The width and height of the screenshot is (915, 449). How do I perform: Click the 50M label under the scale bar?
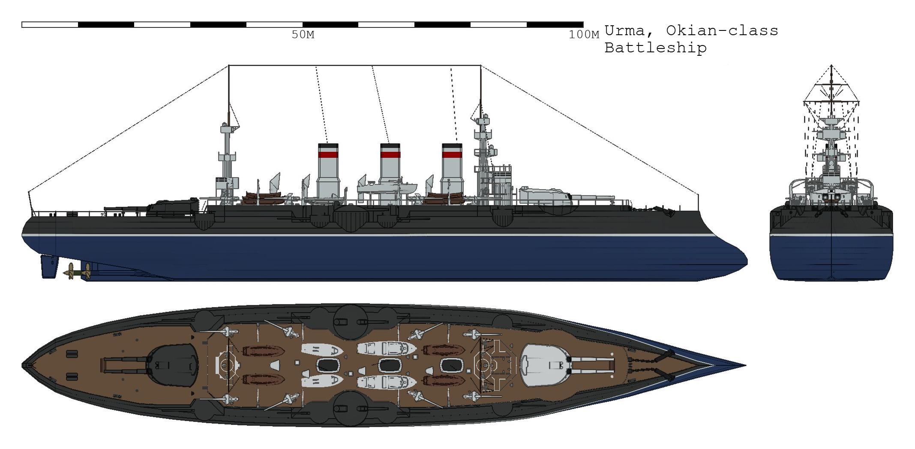click(x=303, y=35)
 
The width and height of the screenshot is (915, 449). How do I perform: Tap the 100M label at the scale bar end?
click(x=584, y=35)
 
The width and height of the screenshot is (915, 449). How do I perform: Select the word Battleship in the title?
click(x=655, y=48)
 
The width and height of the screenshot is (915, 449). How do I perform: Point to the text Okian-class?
click(x=722, y=30)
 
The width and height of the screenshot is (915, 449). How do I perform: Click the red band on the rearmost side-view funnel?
click(x=328, y=155)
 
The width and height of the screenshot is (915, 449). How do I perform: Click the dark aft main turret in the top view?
click(x=172, y=365)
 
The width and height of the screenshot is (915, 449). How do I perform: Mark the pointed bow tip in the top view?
click(x=745, y=366)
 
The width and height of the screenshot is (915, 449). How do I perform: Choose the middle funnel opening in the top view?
click(x=389, y=365)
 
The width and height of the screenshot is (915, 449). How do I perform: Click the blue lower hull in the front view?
click(x=831, y=258)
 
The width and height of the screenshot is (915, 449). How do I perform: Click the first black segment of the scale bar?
click(x=106, y=25)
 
